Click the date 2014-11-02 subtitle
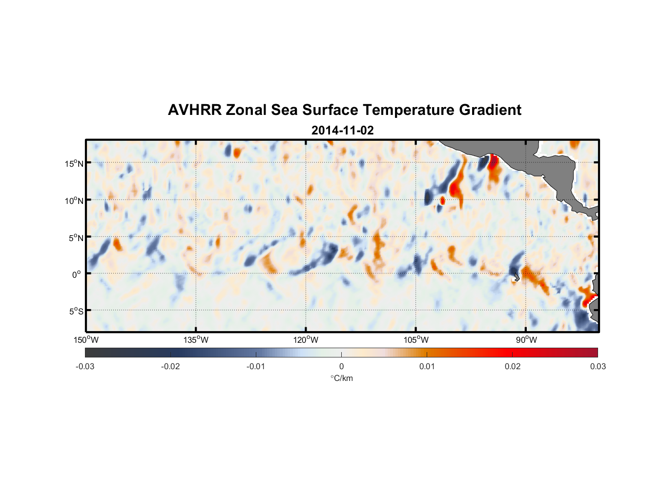click(x=342, y=131)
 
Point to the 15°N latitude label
click(x=74, y=163)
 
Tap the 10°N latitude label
click(x=74, y=200)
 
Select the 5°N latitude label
click(x=75, y=238)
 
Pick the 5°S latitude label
click(x=75, y=311)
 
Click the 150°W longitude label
click(x=86, y=340)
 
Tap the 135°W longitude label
click(x=196, y=340)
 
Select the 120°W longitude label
click(x=306, y=340)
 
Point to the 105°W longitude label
click(x=416, y=340)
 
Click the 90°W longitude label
click(x=526, y=340)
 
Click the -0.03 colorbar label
click(x=85, y=367)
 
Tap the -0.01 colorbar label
click(x=256, y=367)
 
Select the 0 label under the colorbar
click(x=341, y=367)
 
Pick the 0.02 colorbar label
click(x=513, y=367)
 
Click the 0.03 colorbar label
click(x=598, y=367)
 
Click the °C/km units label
click(x=341, y=378)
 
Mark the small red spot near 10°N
click(x=443, y=200)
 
